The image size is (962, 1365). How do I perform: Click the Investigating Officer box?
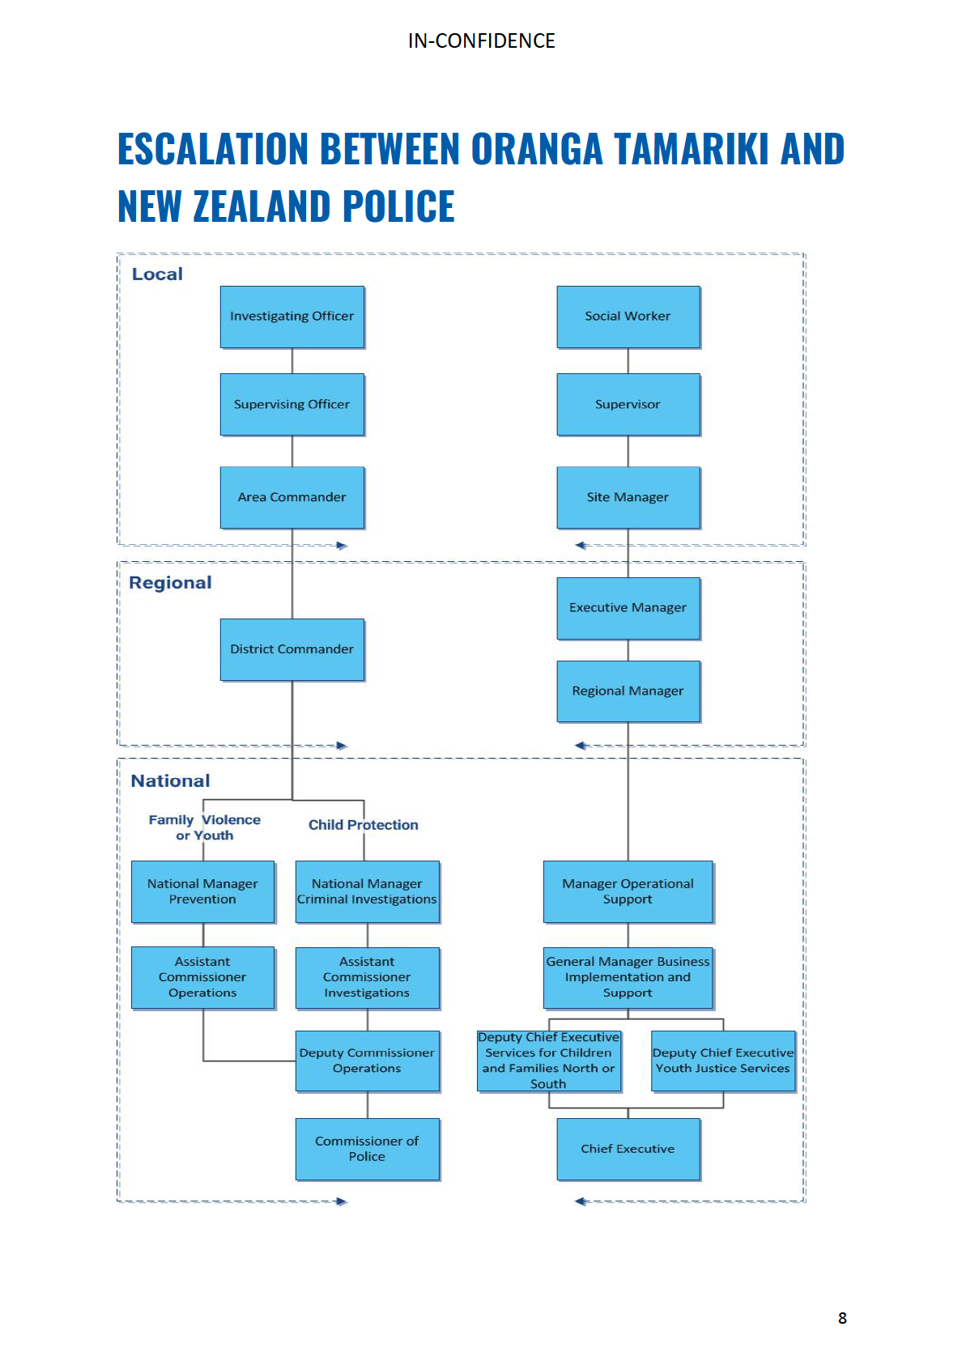click(292, 317)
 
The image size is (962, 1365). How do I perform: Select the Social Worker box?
click(628, 317)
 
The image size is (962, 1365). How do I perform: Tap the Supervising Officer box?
click(292, 404)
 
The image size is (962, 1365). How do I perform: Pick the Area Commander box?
click(292, 497)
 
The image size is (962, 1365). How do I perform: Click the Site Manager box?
click(628, 497)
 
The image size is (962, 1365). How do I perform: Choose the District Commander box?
click(292, 649)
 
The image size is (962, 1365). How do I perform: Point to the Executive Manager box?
click(628, 608)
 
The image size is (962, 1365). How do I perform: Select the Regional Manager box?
click(628, 691)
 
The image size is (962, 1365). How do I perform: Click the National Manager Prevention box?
click(202, 891)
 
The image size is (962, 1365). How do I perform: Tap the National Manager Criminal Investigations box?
click(367, 891)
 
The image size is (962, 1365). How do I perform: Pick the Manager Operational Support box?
click(628, 891)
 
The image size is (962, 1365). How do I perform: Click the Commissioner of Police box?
click(367, 1149)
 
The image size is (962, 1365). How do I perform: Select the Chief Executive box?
click(628, 1149)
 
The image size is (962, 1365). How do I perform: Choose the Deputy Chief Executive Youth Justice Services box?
click(722, 1061)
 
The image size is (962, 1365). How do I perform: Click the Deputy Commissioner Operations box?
click(367, 1061)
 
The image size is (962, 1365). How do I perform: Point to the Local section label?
click(157, 274)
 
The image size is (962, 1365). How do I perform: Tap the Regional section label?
click(170, 583)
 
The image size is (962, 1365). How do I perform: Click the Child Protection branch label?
click(363, 825)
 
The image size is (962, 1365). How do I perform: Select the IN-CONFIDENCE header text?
click(481, 41)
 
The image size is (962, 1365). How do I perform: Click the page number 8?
click(842, 1318)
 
